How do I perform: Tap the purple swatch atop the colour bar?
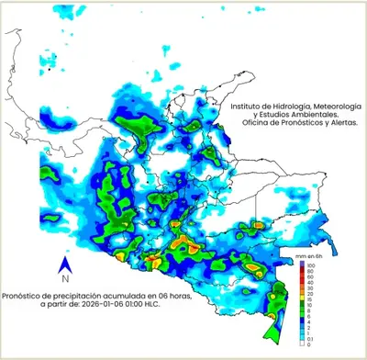click(302, 264)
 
